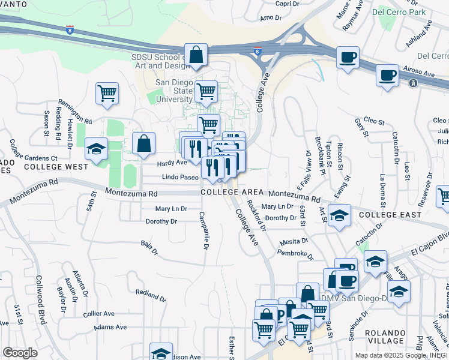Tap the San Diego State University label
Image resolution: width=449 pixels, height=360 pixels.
click(x=174, y=91)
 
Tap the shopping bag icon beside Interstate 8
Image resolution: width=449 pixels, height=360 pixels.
click(x=196, y=55)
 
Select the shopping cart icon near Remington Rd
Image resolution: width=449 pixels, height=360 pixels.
click(x=107, y=93)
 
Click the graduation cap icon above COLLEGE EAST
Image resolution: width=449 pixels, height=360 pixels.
click(x=340, y=215)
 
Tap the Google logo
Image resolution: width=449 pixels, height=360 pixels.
click(x=20, y=353)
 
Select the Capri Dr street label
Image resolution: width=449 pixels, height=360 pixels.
click(x=287, y=4)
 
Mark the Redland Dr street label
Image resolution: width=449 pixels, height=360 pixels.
click(x=150, y=295)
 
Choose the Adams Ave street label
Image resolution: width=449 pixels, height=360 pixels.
click(x=111, y=327)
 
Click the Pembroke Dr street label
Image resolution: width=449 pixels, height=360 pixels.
click(x=296, y=254)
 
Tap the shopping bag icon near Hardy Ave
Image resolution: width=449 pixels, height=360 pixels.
click(x=144, y=143)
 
